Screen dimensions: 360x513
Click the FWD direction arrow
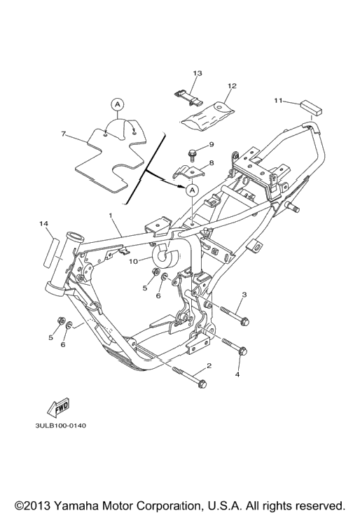59,409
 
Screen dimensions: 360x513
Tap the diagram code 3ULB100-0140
60,426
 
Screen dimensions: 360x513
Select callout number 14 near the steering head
44,223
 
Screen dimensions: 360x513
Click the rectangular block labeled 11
311,108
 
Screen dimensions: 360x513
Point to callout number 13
198,73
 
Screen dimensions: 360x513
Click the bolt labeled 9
193,155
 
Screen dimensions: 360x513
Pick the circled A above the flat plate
118,104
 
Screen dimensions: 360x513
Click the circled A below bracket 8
192,190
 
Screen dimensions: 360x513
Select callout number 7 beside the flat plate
64,134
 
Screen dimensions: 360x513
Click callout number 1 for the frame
111,216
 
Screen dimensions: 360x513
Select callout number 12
232,86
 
